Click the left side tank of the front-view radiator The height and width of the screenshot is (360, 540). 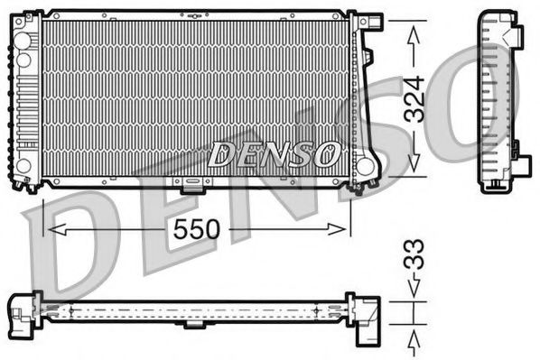[x=26, y=99]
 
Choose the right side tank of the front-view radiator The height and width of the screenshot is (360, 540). [x=367, y=99]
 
